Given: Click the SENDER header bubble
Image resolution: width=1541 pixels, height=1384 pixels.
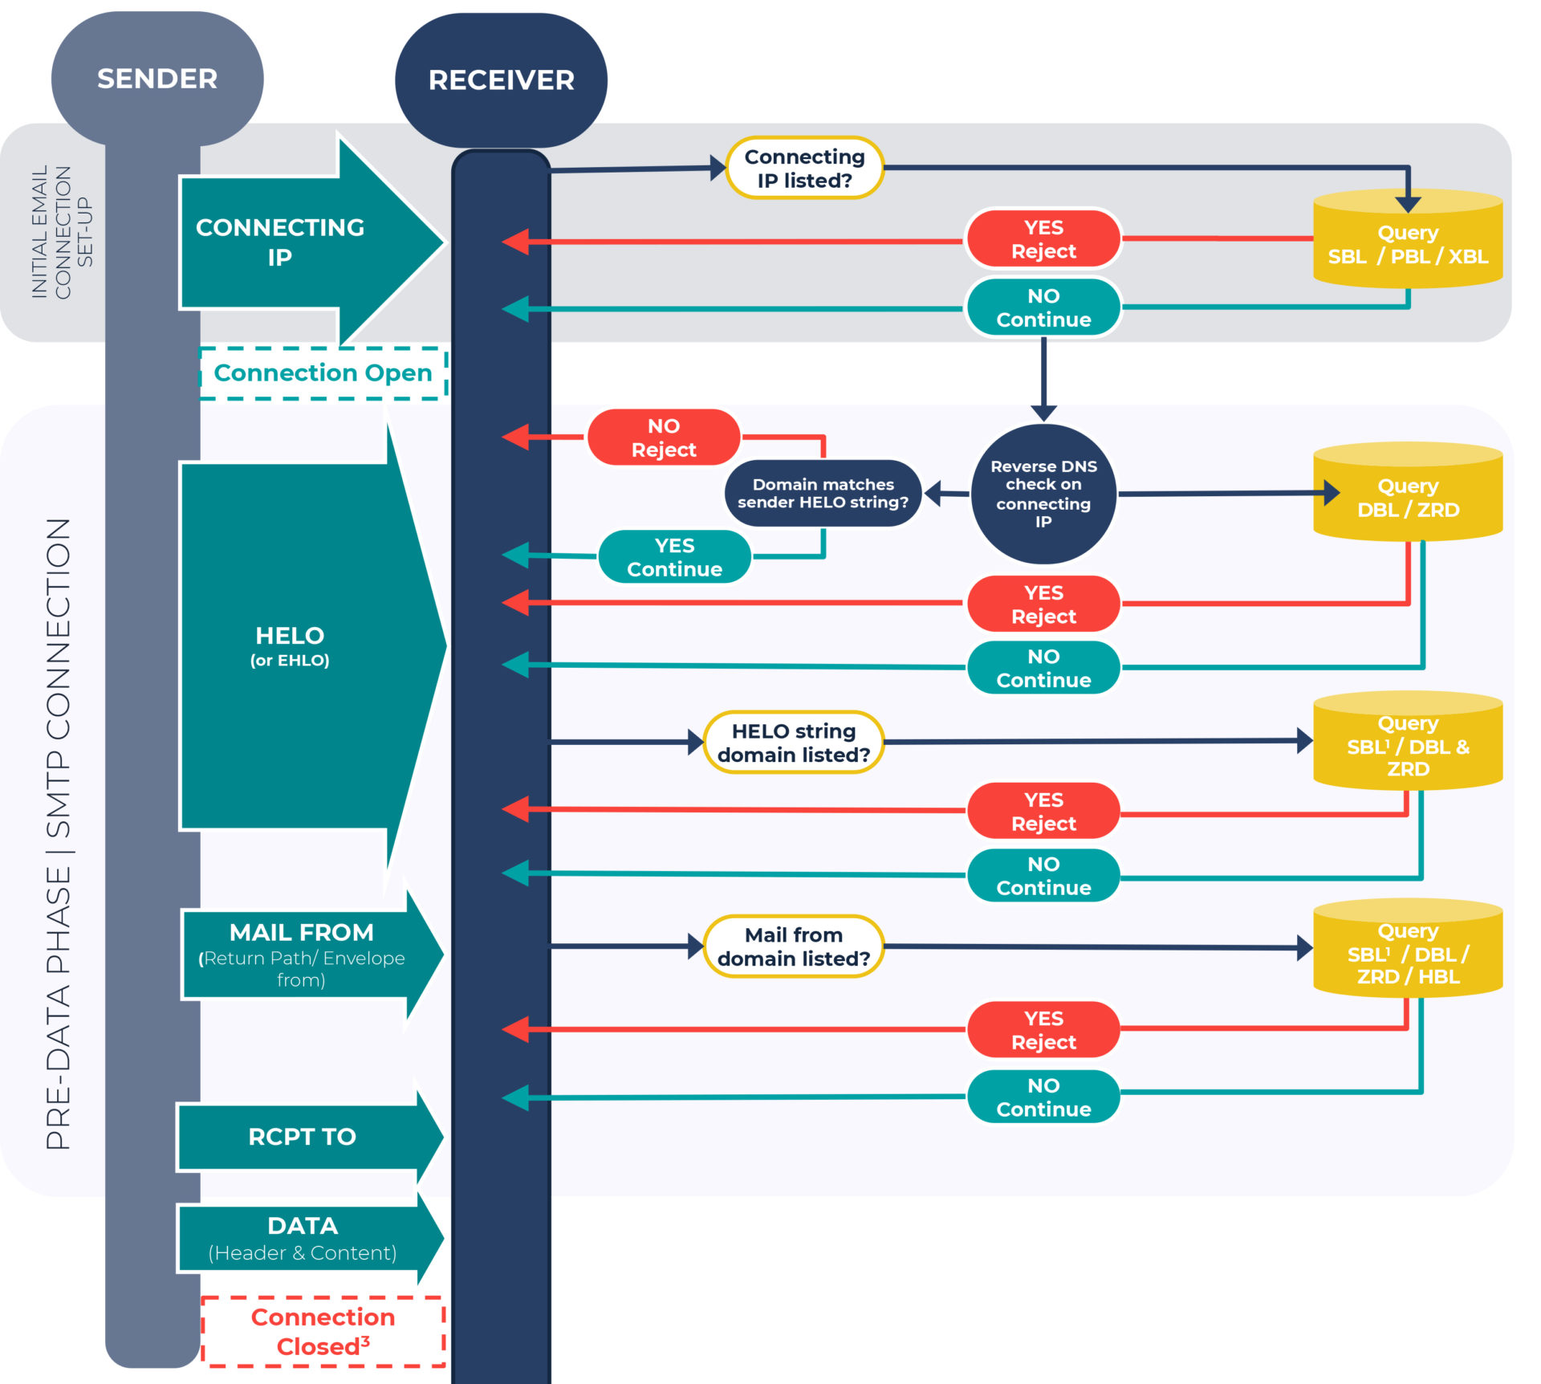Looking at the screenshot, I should pyautogui.click(x=157, y=79).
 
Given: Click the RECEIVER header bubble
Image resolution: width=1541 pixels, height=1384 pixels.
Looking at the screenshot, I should pyautogui.click(x=501, y=80).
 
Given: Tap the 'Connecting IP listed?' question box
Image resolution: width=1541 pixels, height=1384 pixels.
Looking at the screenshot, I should pyautogui.click(x=804, y=169).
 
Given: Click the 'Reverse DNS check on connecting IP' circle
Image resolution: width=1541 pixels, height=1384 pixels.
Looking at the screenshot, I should pyautogui.click(x=1043, y=494).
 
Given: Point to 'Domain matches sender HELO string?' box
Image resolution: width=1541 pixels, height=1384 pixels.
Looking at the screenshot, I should pyautogui.click(x=823, y=494).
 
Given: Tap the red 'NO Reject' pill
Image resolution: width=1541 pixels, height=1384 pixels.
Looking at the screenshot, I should pyautogui.click(x=664, y=438).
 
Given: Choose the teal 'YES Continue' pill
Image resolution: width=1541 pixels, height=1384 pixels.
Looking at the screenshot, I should pyautogui.click(x=674, y=557).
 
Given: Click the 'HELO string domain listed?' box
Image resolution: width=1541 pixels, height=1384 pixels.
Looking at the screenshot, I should pyautogui.click(x=793, y=743).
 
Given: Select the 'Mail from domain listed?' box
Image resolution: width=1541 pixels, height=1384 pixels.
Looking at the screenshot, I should pyautogui.click(x=793, y=946).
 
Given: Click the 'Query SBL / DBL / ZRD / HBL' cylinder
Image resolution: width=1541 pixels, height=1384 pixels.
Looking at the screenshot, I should pyautogui.click(x=1408, y=952).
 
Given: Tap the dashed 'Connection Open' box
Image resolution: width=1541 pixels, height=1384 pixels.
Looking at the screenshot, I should pyautogui.click(x=323, y=373).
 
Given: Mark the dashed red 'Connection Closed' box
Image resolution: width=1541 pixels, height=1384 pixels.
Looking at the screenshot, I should pyautogui.click(x=323, y=1332).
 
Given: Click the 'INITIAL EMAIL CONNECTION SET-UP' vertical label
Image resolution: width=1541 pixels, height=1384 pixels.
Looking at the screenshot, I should pyautogui.click(x=62, y=233).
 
